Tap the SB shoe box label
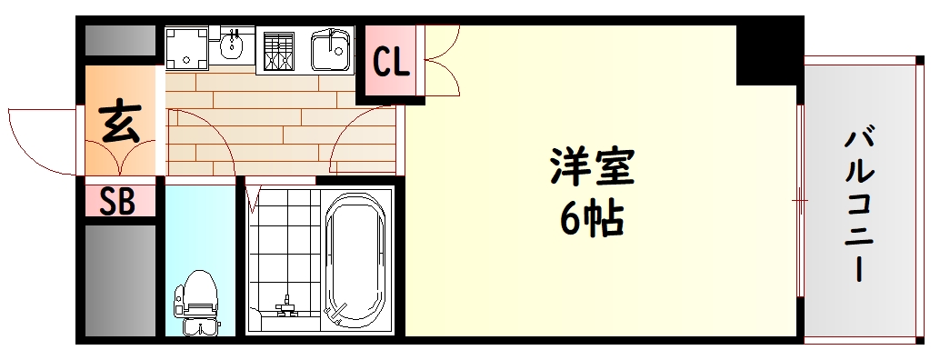coord(117,202)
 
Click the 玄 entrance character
coord(120,123)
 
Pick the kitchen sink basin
coord(331,49)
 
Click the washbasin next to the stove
coord(234,44)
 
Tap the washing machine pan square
coord(185,47)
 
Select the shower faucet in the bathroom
coord(286,307)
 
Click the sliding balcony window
coord(800,200)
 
